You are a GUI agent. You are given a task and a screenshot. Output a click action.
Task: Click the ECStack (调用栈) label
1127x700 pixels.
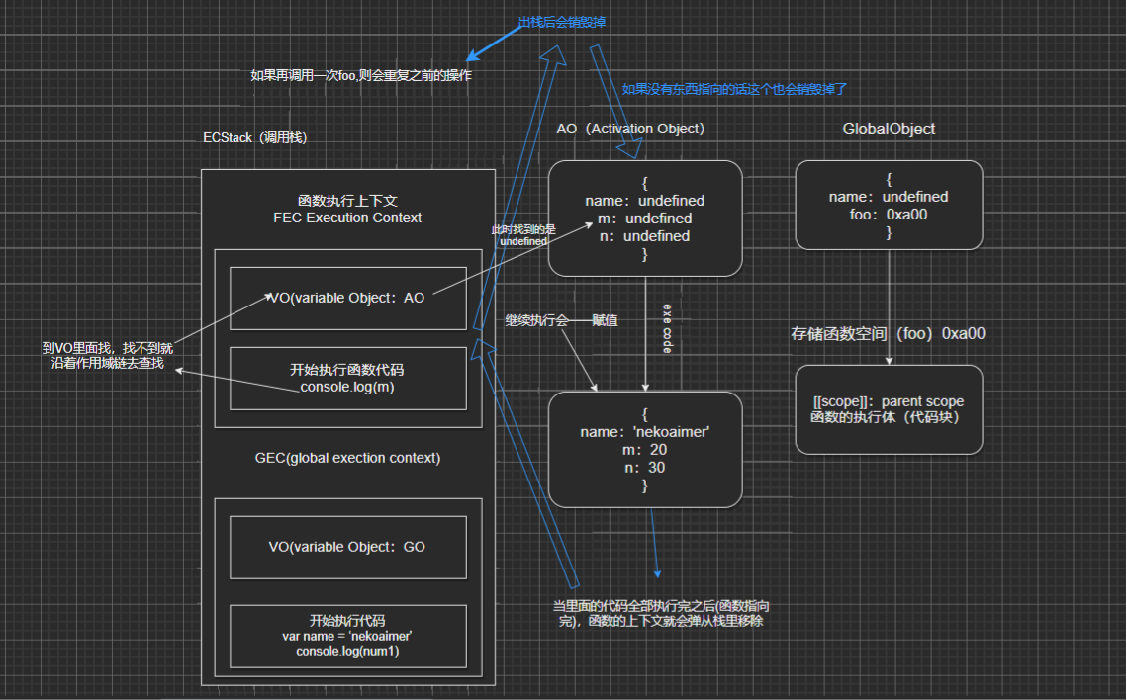[x=255, y=138]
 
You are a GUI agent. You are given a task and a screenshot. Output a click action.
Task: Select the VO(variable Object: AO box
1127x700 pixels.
[x=347, y=298]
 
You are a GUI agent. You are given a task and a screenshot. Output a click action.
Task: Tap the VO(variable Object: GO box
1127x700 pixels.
[x=347, y=546]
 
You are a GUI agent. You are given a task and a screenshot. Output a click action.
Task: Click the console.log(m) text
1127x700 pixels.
[x=347, y=387]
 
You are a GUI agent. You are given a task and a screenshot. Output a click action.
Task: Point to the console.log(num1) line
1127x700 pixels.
[x=347, y=652]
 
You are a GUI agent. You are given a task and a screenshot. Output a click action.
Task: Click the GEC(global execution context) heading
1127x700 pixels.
[x=347, y=458]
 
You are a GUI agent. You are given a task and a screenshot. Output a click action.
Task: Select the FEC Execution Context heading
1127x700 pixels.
[x=347, y=218]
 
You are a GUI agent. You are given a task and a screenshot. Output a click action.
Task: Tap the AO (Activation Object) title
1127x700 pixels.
[x=630, y=129]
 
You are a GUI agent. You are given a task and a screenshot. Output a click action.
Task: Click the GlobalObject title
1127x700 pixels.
[x=889, y=129]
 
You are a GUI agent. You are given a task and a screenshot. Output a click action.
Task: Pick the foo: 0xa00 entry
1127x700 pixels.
[x=889, y=215]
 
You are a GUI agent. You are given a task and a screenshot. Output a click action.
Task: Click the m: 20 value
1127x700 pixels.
[x=645, y=450]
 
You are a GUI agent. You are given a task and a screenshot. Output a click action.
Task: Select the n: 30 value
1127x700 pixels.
[x=645, y=468]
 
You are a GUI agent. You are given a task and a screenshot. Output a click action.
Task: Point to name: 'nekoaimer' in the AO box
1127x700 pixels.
[x=645, y=432]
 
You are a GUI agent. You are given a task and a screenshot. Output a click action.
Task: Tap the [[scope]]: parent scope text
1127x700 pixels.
[x=889, y=401]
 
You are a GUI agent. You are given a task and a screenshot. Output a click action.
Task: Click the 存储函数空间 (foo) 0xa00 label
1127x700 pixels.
[x=888, y=333]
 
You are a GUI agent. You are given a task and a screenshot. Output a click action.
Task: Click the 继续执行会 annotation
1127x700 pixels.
[x=536, y=320]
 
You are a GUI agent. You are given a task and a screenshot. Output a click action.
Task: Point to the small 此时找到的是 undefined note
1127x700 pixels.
[x=522, y=235]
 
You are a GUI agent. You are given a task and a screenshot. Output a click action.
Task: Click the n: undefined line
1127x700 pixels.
[x=644, y=236]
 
